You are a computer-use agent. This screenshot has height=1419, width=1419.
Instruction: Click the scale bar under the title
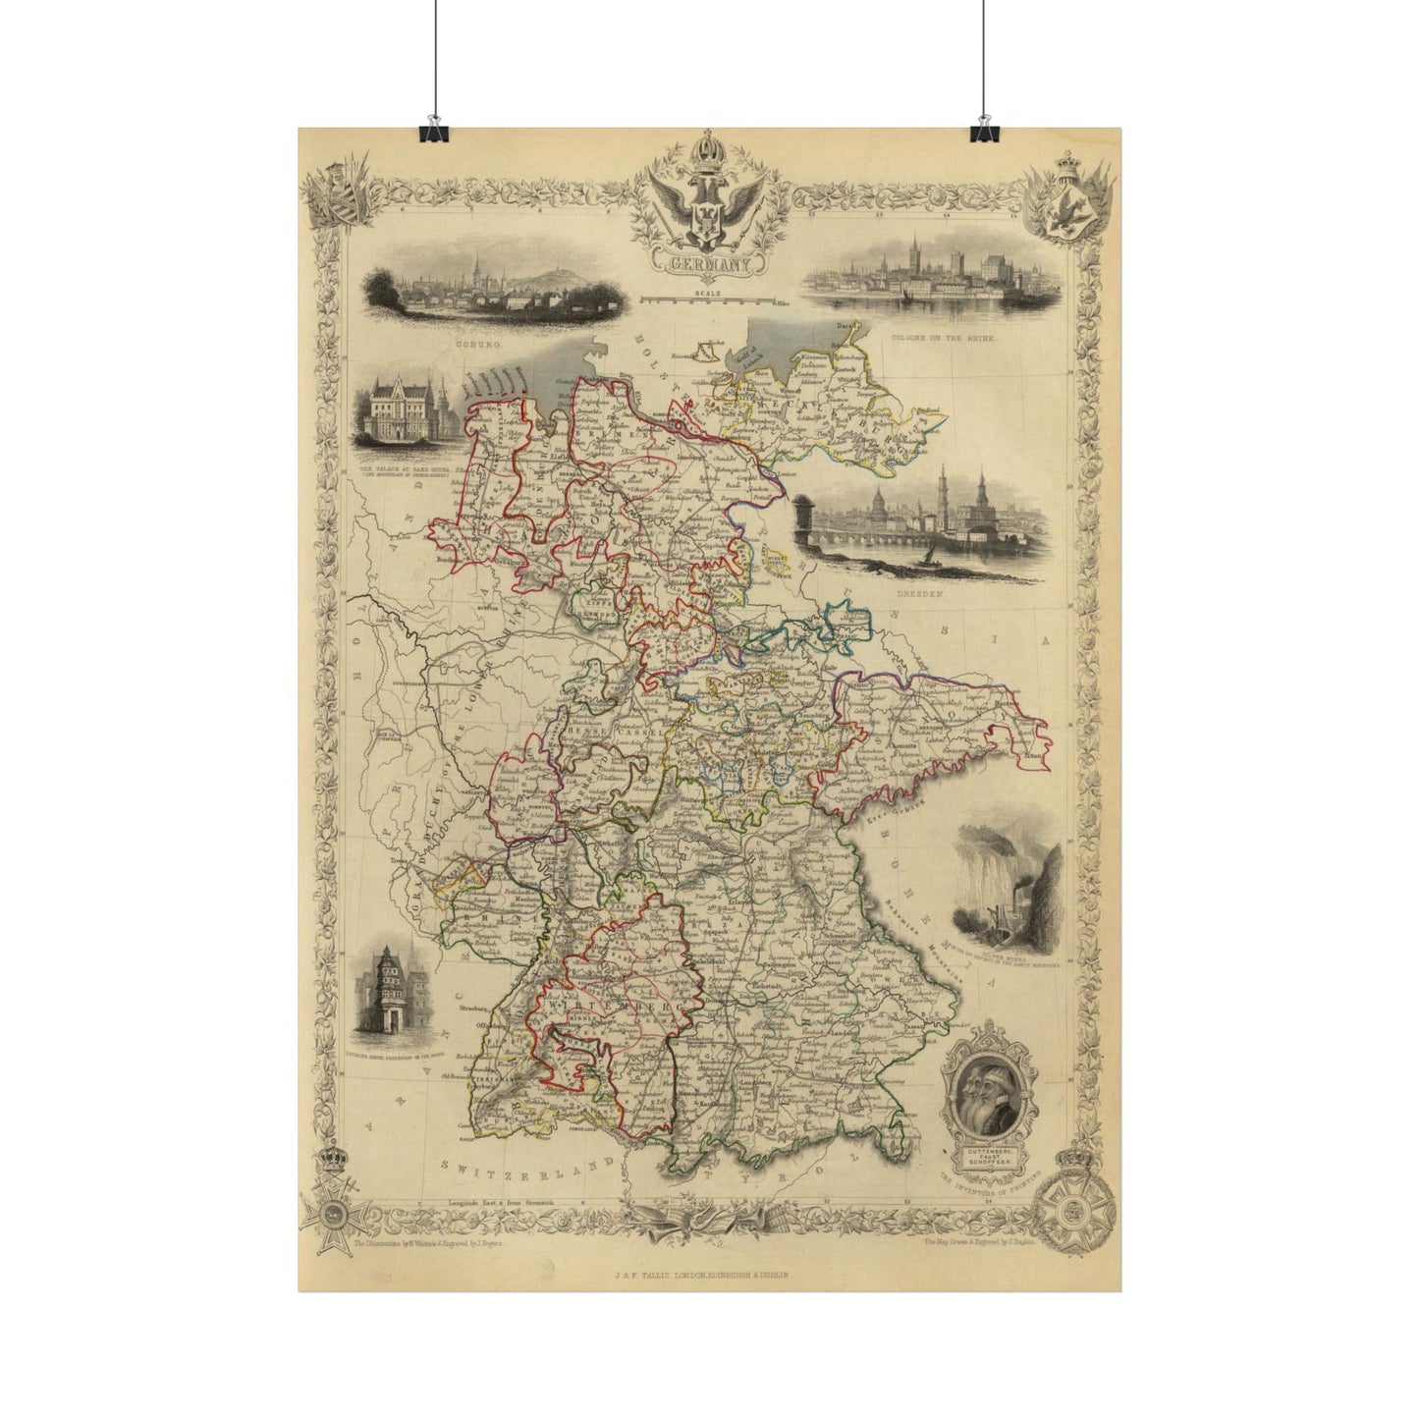point(706,299)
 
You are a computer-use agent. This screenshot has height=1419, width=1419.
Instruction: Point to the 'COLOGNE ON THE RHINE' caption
point(943,337)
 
